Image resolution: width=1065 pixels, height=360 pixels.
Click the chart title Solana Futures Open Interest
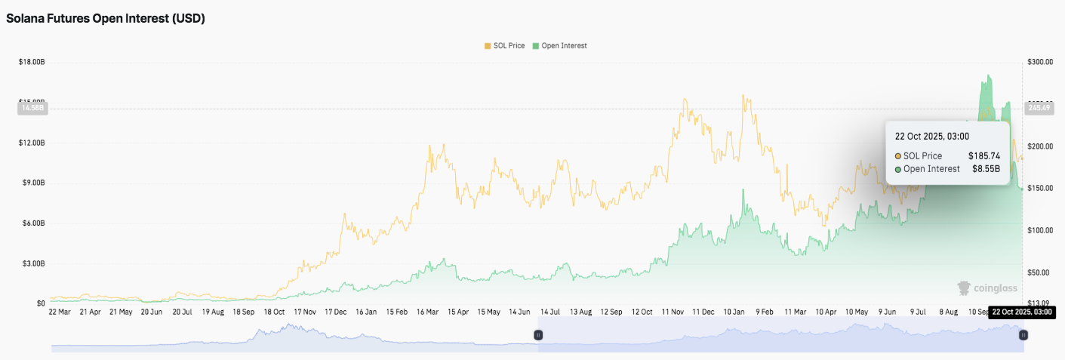106,19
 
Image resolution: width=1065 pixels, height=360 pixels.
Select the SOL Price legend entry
506,46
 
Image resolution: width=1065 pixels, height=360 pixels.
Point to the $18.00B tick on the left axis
32,62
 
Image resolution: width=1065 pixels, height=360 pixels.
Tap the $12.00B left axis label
32,143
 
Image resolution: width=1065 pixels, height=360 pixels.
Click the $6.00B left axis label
33,223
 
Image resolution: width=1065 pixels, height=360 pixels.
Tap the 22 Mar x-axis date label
60,312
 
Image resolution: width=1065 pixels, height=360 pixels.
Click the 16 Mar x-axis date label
429,312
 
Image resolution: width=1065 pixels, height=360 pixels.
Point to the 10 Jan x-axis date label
737,312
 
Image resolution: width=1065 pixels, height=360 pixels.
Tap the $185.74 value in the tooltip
983,155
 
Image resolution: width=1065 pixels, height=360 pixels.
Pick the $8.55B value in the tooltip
986,169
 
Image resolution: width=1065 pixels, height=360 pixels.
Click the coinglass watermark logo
987,288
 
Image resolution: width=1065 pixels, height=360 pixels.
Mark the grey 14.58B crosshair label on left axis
32,109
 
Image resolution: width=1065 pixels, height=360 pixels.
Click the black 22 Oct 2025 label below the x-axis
1021,312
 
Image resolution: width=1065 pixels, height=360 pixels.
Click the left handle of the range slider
538,334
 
